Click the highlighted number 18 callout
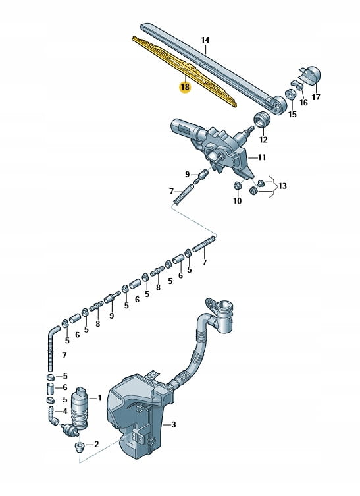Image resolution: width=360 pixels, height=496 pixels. tap(185, 87)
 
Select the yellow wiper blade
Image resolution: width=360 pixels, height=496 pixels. tap(184, 72)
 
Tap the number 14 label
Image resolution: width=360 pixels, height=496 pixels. tap(205, 40)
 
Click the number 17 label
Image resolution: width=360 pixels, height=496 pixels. tap(316, 97)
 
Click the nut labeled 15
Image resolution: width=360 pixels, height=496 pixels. tap(290, 95)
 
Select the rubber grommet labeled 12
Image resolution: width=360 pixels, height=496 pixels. tap(262, 119)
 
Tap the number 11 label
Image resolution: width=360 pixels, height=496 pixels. tap(262, 157)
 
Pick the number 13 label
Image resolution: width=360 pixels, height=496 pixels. tap(282, 186)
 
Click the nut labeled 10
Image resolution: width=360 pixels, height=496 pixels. tap(238, 186)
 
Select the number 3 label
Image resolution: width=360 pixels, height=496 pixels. tap(174, 424)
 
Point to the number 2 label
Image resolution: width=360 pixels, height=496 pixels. tap(96, 444)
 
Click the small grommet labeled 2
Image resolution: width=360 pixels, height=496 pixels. tap(79, 447)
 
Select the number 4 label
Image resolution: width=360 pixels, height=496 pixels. tap(64, 411)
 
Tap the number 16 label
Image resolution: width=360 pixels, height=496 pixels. tap(303, 103)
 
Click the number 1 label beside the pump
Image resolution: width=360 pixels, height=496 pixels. tap(99, 398)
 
